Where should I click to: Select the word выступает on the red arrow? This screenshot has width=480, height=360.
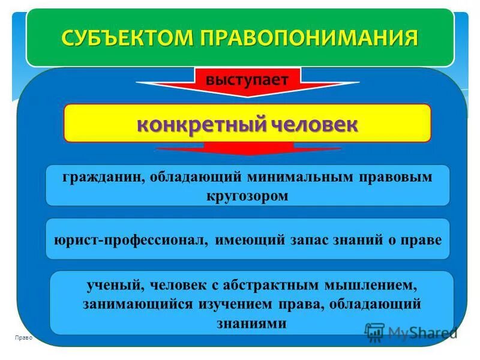pos(247,79)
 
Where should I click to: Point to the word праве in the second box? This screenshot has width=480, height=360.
pos(422,239)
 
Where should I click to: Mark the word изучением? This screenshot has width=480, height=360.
pos(241,303)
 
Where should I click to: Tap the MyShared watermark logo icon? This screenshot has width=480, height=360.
pos(374,332)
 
